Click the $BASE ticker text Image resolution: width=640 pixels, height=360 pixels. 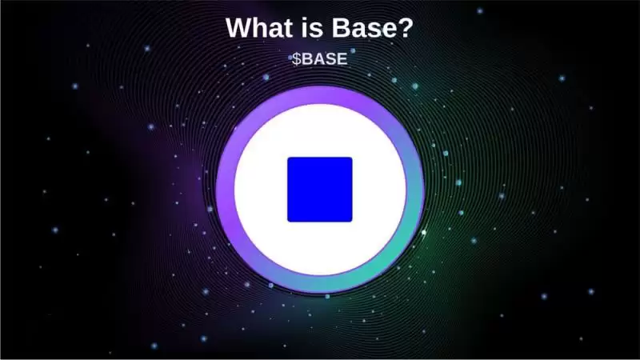(319, 59)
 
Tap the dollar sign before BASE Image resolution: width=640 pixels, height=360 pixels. (296, 59)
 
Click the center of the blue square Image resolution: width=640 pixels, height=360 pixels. (320, 190)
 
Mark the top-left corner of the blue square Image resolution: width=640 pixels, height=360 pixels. (289, 158)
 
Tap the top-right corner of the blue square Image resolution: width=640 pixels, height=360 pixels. (351, 158)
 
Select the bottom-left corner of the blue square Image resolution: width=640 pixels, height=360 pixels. (289, 221)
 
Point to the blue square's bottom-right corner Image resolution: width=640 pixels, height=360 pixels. (351, 221)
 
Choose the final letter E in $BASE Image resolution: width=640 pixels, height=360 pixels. (342, 59)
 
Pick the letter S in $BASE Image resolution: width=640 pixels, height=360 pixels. (330, 59)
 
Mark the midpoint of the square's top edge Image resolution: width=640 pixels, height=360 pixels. (320, 158)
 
